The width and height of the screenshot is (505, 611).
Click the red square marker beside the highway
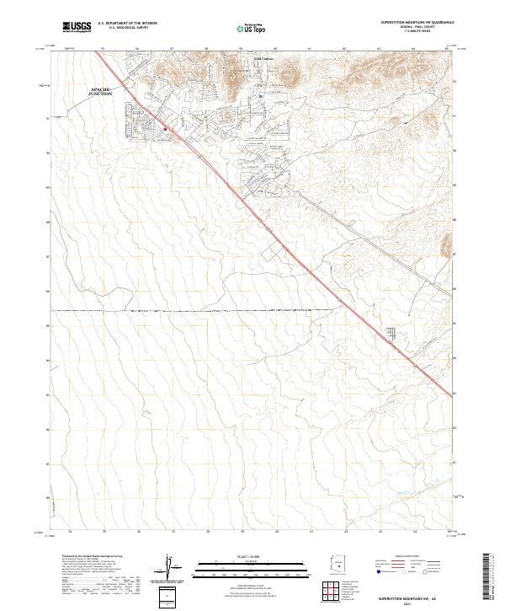166,129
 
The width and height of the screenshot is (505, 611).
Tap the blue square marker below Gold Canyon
261,96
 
